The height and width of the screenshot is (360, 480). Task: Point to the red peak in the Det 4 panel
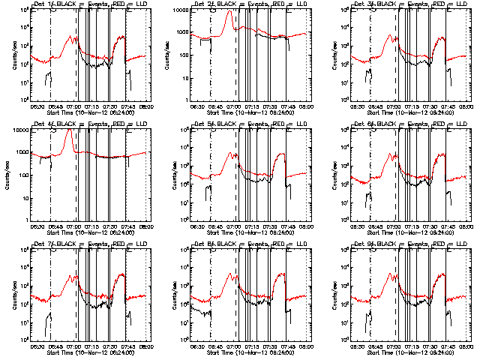70,130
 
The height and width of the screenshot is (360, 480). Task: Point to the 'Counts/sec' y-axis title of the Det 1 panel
11,55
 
